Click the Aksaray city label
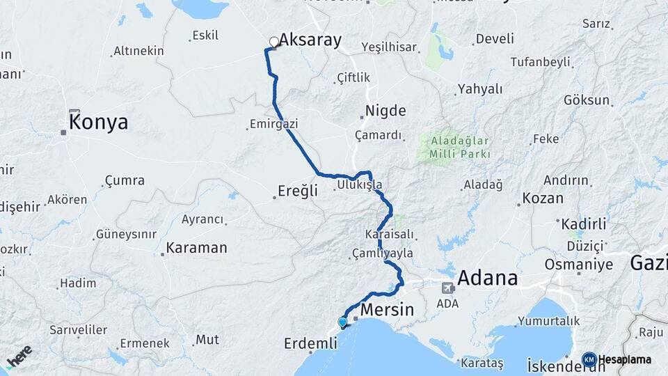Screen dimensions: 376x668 point(312,40)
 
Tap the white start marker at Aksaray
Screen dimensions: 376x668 point(274,42)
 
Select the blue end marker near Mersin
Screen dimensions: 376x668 point(342,322)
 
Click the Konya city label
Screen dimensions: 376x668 point(98,123)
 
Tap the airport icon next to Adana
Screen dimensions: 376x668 point(447,287)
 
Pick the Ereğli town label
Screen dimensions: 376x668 point(298,191)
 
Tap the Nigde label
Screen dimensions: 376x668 point(386,111)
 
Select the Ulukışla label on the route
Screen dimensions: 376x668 point(359,185)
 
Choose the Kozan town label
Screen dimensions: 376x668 point(543,198)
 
